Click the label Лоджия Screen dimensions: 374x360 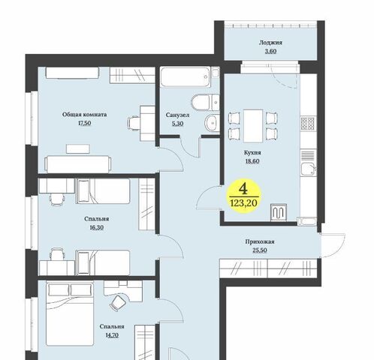coord(270,43)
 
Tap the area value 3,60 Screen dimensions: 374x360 coord(270,51)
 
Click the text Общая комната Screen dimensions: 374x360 coord(84,115)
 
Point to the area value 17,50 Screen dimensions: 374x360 coord(84,123)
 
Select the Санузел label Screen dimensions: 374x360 coord(177,115)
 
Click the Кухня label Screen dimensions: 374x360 coord(252,152)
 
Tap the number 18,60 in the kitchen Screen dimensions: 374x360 coord(252,161)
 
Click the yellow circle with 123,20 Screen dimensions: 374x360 coord(244,196)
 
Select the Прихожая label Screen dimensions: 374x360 coord(260,241)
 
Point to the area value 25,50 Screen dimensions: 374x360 coord(260,250)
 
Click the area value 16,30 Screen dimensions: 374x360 coord(97,228)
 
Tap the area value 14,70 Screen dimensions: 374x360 coord(112,335)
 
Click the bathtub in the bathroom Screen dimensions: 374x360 coord(185,76)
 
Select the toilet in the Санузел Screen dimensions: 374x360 coord(205,102)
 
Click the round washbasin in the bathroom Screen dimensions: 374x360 coord(212,123)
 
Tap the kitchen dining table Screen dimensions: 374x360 coord(253,126)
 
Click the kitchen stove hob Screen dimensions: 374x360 coord(308,123)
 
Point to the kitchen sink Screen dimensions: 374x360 coord(308,169)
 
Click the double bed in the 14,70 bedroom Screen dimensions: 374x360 coord(70,314)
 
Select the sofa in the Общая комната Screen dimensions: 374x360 coord(78,164)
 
